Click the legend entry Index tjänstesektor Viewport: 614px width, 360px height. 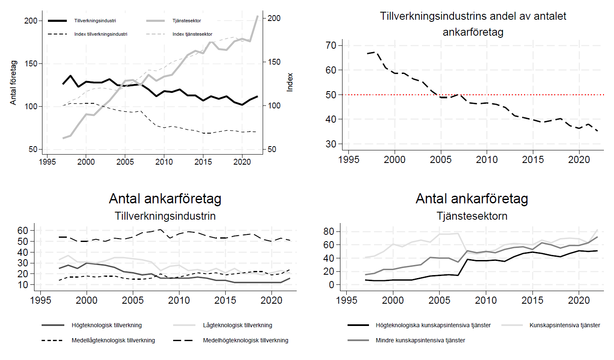[192, 34]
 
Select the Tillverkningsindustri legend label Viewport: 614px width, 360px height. [95, 21]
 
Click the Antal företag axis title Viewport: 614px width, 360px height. [13, 83]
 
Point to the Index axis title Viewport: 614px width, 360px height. [290, 82]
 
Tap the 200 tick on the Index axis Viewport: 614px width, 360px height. [274, 18]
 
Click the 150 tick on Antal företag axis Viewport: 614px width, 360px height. [31, 63]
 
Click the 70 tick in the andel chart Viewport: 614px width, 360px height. [331, 45]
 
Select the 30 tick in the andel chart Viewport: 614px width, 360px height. [331, 144]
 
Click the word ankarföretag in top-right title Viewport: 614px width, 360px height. [473, 32]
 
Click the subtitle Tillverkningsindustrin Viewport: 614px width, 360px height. [165, 216]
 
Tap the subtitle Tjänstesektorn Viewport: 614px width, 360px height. [472, 216]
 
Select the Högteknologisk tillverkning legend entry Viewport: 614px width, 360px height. [107, 325]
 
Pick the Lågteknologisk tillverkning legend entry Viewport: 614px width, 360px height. [237, 325]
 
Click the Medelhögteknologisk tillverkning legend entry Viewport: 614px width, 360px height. [245, 340]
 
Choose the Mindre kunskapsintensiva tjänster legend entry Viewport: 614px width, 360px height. [420, 340]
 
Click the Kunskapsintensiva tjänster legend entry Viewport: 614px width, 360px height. [564, 325]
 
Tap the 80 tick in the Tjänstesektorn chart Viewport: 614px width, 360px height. [329, 231]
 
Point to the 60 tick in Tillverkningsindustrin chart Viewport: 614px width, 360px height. [23, 230]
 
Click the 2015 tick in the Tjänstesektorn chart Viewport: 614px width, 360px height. [532, 300]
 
